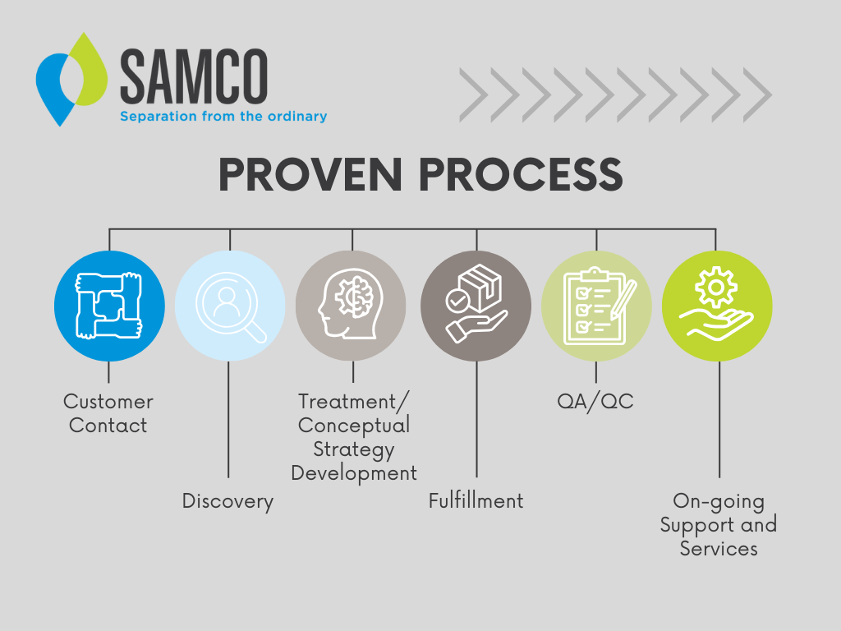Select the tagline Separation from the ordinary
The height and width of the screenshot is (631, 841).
[x=223, y=117]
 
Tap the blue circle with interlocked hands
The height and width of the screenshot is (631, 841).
[x=109, y=306]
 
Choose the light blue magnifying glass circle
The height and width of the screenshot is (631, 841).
[x=230, y=306]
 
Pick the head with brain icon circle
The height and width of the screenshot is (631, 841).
[x=351, y=306]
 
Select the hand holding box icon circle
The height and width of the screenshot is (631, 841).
[x=476, y=306]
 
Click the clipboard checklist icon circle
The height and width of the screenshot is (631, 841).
[x=596, y=306]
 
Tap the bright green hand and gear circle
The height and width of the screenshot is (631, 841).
[x=717, y=306]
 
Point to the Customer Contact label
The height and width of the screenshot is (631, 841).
[x=108, y=413]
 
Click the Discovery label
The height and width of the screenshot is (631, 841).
[x=227, y=501]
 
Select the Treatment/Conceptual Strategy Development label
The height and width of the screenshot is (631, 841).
[x=354, y=437]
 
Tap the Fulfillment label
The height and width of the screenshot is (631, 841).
[x=476, y=501]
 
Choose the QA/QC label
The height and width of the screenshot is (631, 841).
[x=595, y=402]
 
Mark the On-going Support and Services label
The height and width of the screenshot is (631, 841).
[x=719, y=524]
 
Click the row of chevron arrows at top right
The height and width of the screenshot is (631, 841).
[x=615, y=94]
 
